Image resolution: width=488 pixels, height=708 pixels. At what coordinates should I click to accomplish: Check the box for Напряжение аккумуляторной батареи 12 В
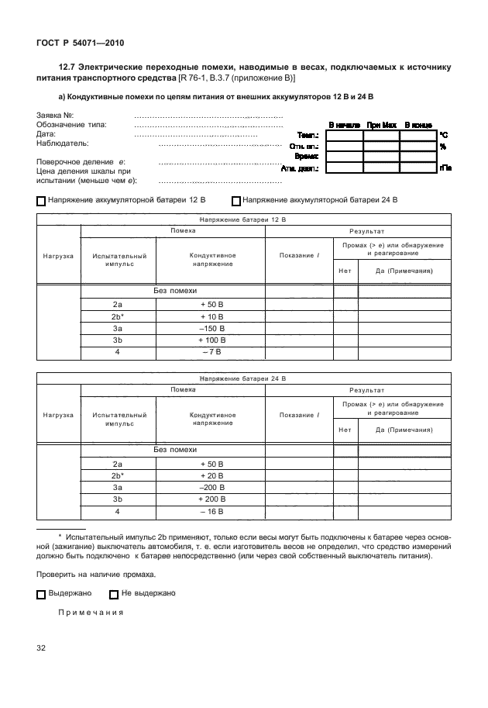click(x=41, y=200)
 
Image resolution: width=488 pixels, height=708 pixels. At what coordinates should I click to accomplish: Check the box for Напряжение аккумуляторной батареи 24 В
click(x=236, y=200)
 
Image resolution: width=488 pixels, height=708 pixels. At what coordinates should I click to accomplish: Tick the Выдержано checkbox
click(x=41, y=594)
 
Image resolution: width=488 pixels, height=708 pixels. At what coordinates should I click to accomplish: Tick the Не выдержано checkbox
click(x=114, y=594)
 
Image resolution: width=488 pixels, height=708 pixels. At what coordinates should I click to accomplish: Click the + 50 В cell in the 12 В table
click(x=211, y=305)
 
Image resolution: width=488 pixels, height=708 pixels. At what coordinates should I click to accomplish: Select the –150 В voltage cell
click(x=211, y=328)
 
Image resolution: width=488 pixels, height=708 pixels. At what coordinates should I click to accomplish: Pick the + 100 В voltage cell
click(x=211, y=340)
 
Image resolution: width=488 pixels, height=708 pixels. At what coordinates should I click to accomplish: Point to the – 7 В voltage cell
click(x=211, y=352)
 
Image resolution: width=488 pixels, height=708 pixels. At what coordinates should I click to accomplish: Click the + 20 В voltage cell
click(x=211, y=475)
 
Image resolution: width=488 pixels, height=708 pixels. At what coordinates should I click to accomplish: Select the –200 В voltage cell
click(x=211, y=487)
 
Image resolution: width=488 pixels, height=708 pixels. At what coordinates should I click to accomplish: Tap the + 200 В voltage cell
click(x=211, y=499)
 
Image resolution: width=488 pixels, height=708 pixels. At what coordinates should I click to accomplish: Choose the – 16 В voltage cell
click(x=211, y=512)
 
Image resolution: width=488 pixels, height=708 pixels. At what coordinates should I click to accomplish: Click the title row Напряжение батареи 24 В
click(x=242, y=378)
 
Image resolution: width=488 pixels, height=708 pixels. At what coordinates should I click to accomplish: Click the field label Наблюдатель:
click(x=63, y=143)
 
